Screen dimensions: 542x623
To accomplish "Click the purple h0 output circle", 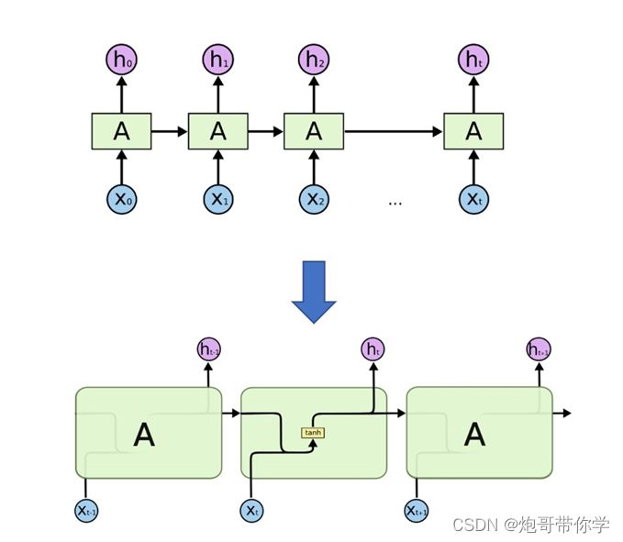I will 121,61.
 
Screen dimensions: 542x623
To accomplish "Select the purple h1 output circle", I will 217,61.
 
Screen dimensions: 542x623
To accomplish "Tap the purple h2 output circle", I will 314,61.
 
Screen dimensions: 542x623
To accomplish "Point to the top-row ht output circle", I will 473,61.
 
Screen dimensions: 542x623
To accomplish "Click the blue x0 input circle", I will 121,199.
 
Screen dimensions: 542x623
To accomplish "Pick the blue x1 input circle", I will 217,199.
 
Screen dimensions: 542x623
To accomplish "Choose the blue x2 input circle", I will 314,199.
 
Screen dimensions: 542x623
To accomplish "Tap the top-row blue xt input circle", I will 473,199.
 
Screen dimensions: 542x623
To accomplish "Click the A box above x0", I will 121,131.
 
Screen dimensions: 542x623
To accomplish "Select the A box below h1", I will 217,131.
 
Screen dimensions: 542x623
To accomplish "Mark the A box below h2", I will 314,131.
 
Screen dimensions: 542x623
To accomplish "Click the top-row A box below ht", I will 473,131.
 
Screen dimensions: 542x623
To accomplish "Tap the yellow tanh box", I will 314,433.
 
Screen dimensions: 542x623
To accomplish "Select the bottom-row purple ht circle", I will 373,348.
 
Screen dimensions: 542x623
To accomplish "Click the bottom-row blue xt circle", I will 250,509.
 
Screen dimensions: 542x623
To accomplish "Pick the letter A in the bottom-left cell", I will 144,435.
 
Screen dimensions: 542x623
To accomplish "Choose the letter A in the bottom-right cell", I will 474,435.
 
